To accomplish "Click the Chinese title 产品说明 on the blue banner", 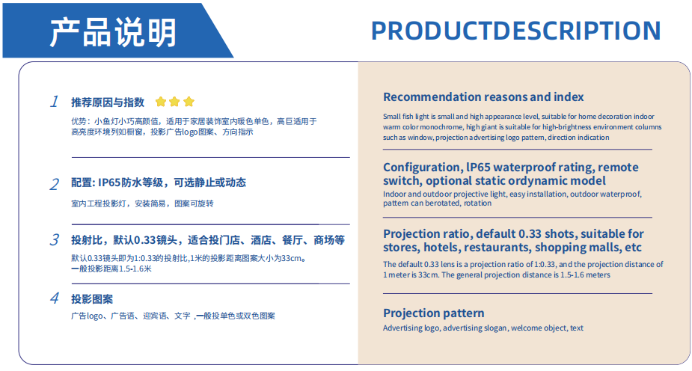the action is click(113, 32).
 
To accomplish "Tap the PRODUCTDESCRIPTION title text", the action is click(516, 31).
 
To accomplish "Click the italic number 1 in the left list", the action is click(55, 102).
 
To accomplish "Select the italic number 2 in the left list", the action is click(55, 184).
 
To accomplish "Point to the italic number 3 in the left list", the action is click(55, 239).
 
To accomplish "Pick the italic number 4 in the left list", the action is click(55, 298).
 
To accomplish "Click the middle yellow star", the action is click(174, 102).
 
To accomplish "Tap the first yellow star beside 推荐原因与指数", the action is click(161, 102).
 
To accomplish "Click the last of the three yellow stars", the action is click(189, 102).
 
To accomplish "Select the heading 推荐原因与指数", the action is click(108, 102).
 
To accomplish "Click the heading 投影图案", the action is click(92, 299).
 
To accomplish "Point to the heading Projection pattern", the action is click(433, 313).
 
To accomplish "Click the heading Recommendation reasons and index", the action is click(483, 96).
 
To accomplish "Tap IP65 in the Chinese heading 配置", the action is click(109, 183).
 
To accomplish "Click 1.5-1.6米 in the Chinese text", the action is click(135, 269).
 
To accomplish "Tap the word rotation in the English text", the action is click(477, 203).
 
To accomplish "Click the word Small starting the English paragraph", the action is click(391, 117).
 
